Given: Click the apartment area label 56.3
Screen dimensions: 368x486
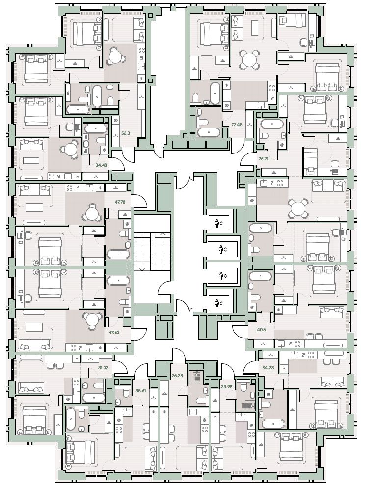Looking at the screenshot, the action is tap(126, 134).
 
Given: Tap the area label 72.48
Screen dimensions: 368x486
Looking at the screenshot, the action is tap(237, 124).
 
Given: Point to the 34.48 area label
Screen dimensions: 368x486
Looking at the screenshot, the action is tap(102, 165).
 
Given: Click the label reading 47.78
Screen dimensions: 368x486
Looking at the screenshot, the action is tap(119, 202).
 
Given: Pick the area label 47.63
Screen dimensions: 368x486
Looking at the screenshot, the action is tap(114, 333).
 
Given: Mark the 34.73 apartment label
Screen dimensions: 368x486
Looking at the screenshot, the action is tap(264, 368).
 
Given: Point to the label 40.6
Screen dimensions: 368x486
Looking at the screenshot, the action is tap(262, 330).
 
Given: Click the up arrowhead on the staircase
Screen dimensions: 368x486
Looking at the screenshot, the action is tap(163, 234).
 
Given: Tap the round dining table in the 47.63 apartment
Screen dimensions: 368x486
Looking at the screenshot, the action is tap(91, 321).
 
